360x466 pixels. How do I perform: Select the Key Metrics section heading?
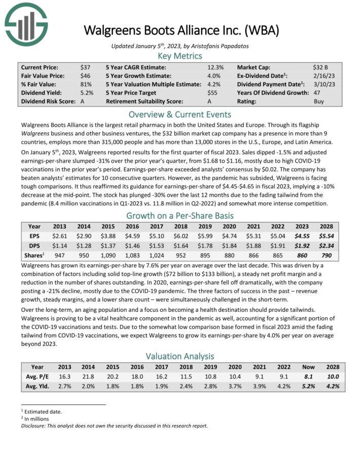point(180,56)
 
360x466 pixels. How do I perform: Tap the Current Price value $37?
point(85,67)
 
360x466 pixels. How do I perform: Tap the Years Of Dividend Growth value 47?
point(317,93)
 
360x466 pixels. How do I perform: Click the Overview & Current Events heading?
point(180,114)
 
